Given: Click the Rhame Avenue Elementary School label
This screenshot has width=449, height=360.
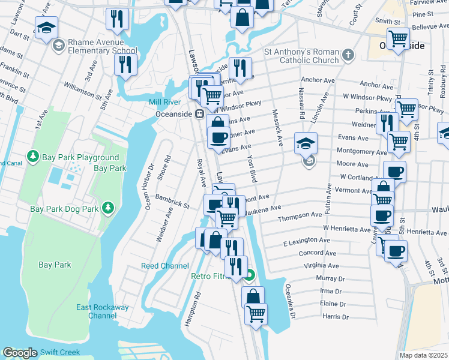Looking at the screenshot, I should [103, 47].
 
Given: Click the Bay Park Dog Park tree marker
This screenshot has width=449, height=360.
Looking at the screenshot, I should [108, 208].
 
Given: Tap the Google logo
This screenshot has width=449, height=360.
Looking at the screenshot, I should [19, 353].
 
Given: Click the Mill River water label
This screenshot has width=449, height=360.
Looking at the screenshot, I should [164, 103].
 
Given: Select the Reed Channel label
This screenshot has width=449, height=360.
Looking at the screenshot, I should [164, 266].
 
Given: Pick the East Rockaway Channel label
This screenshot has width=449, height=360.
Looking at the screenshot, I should [102, 311].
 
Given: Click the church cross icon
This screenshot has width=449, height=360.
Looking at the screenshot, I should [347, 56].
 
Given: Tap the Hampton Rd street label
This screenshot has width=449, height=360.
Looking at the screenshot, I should [192, 308].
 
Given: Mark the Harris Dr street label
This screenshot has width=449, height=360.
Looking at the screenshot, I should [334, 316].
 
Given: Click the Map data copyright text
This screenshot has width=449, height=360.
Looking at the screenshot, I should [423, 355].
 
